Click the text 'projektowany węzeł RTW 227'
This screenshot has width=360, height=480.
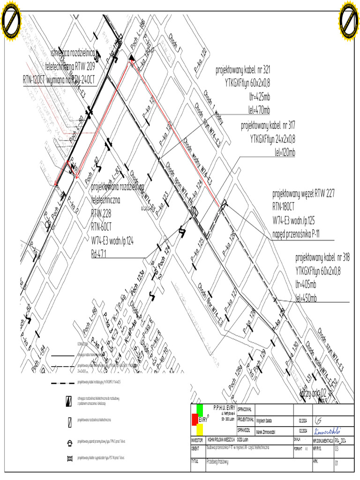coord(303,193)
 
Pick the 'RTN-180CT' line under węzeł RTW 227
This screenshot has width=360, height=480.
coord(284,206)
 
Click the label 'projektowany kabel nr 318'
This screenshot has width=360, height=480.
coord(322,257)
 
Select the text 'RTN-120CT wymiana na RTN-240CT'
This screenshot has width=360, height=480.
coord(59,80)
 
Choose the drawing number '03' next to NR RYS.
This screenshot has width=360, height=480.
coord(336,449)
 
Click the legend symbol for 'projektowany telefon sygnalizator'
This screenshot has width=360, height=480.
coord(69,457)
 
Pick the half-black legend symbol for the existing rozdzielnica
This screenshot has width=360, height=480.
coord(69,400)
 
